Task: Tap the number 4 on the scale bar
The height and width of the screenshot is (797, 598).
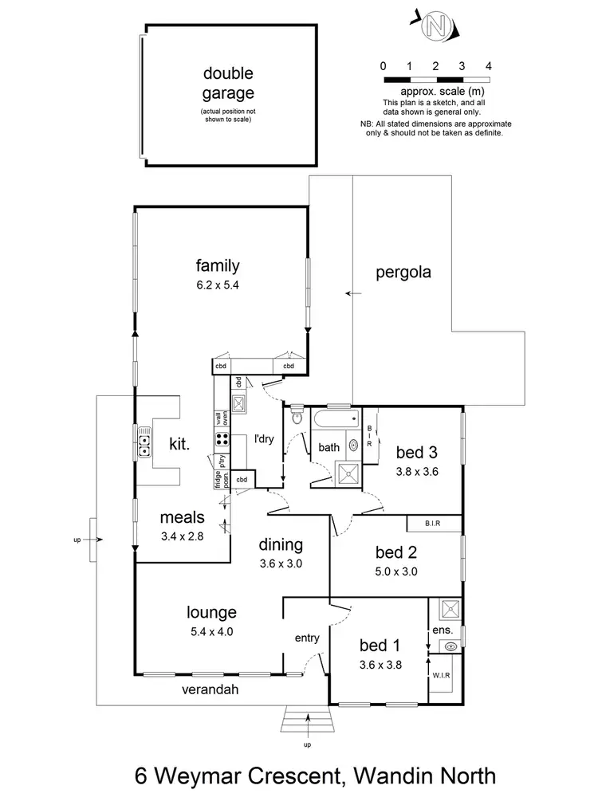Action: (x=488, y=65)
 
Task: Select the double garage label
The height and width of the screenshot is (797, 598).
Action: (x=227, y=82)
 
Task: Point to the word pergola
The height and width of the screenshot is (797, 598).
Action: (x=403, y=272)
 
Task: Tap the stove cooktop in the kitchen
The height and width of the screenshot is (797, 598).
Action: (x=221, y=440)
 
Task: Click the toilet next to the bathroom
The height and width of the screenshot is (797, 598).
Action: (x=296, y=416)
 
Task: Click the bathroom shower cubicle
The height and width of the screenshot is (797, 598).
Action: (x=348, y=473)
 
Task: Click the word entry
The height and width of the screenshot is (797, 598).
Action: (x=306, y=638)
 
